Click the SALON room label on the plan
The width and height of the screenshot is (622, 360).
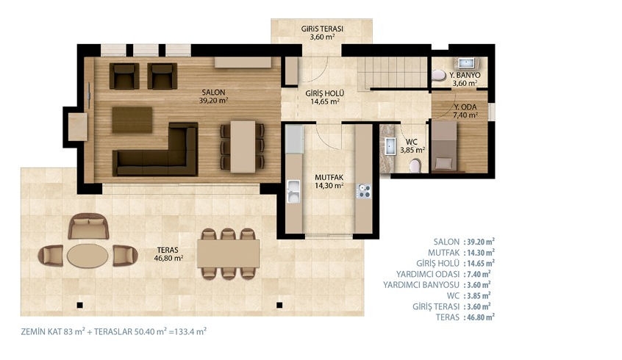pos(213,93)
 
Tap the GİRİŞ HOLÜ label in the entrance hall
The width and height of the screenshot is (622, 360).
pos(324,93)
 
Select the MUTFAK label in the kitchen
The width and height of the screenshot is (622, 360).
pos(329,178)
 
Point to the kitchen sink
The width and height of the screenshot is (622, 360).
pos(293,192)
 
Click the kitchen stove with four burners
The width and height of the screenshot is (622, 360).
pos(364,191)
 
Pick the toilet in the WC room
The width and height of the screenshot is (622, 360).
pos(415,166)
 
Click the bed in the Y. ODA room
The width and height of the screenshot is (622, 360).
pos(444,147)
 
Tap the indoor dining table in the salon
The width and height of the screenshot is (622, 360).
pos(243,147)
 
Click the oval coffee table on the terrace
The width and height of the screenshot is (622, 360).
pos(87,256)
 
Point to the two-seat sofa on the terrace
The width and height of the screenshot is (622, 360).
pos(88,226)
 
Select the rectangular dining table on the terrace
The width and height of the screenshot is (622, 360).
pos(228,254)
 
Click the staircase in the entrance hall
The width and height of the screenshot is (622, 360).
pos(392,73)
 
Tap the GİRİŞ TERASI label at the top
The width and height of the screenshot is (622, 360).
pos(322,29)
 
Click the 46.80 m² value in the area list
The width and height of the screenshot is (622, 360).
pos(479,317)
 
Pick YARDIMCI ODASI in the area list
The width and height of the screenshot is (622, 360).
pos(428,274)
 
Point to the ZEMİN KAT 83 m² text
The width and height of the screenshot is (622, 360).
pos(53,332)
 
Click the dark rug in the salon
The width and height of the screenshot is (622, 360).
pos(132,120)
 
